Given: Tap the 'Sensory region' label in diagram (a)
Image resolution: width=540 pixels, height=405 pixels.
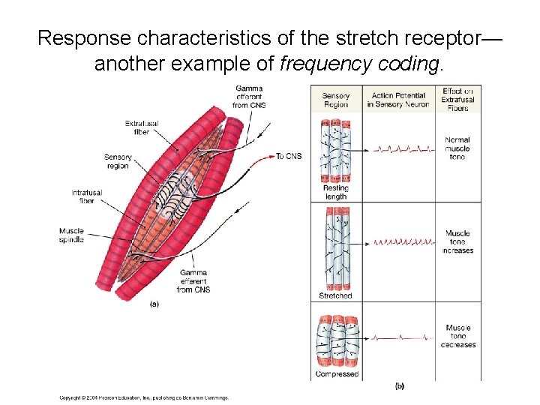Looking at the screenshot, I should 118,161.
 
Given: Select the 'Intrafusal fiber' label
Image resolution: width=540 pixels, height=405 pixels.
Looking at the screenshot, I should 87,197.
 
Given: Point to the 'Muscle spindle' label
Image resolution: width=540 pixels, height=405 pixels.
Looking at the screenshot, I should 72,235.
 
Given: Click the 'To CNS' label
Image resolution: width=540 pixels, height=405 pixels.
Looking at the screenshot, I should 289,156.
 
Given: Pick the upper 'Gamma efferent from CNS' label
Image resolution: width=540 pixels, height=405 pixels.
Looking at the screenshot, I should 250,97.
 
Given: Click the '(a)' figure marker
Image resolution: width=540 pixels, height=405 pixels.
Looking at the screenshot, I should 154,304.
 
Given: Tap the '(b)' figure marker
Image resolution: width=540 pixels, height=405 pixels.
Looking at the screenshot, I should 399,385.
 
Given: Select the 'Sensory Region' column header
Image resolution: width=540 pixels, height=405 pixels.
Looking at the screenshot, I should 335,100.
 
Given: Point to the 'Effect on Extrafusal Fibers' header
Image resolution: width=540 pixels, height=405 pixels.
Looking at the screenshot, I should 457,100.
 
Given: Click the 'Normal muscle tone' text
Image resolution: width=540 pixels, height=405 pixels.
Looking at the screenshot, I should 457,148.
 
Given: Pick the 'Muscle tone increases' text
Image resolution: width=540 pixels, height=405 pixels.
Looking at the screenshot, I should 458,241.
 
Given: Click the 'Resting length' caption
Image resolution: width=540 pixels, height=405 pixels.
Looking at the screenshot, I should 335,192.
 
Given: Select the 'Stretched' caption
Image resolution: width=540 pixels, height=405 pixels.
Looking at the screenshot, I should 335,295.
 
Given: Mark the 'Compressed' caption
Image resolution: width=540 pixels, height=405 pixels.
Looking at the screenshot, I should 337,373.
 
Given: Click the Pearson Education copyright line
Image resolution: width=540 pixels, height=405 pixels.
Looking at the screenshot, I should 144,398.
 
